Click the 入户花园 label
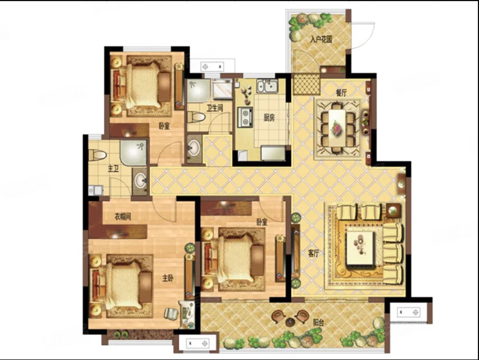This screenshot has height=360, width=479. click(321, 39)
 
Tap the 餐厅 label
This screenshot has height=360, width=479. click(341, 93)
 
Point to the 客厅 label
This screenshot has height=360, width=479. click(313, 253)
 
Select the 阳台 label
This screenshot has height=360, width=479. click(318, 322)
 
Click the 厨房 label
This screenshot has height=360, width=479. click(269, 117)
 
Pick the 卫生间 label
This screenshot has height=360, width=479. click(215, 108)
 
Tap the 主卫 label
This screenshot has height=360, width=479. click(113, 168)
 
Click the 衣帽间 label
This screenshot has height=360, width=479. click(123, 216)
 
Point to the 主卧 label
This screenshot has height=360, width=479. click(168, 278)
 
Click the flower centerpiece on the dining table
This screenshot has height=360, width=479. click(337, 128)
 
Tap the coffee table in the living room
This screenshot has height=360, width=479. click(360, 248)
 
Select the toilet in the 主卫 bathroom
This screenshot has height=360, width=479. click(97, 155)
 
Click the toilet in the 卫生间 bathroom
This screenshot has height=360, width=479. click(196, 117)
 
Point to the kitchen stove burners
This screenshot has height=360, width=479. click(245, 117)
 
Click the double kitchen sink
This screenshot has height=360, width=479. click(267, 86)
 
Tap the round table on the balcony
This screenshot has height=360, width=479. click(290, 322)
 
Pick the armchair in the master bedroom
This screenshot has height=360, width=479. click(171, 314)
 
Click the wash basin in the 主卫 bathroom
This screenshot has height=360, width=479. click(140, 181)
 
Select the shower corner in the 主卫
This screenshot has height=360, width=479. click(133, 152)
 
